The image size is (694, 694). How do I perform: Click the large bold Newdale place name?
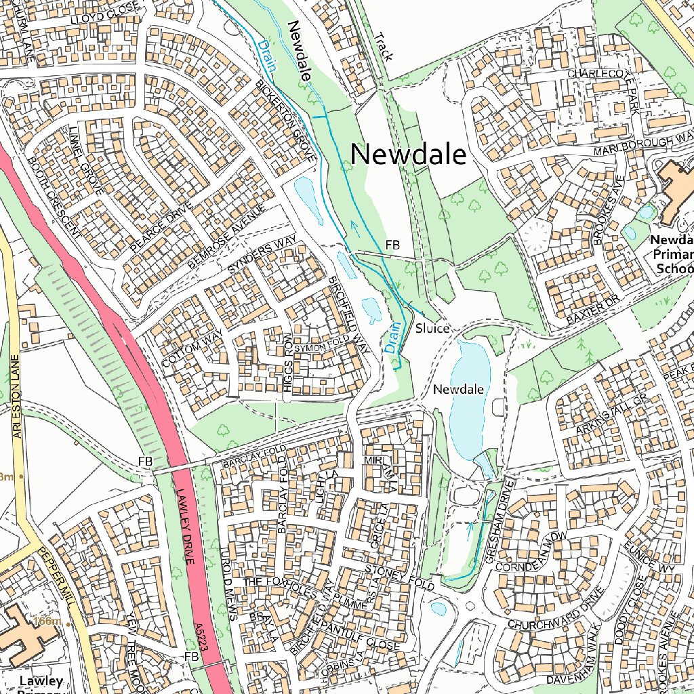[x=408, y=155]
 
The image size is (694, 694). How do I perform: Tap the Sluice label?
[x=432, y=329]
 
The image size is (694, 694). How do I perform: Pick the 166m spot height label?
[x=47, y=621]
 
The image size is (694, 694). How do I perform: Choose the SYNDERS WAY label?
[x=262, y=256]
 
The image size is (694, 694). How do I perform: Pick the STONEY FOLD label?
[x=399, y=576]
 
